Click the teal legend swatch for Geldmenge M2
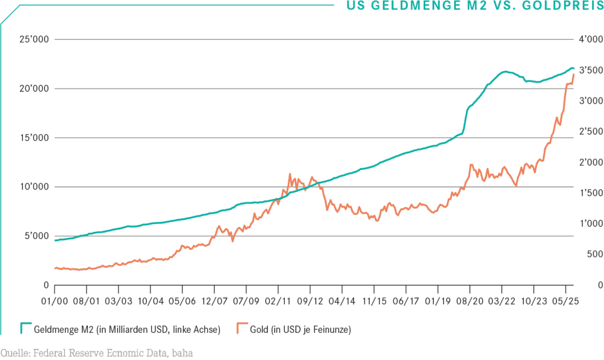pos(26,328)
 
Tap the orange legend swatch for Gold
pos(242,328)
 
